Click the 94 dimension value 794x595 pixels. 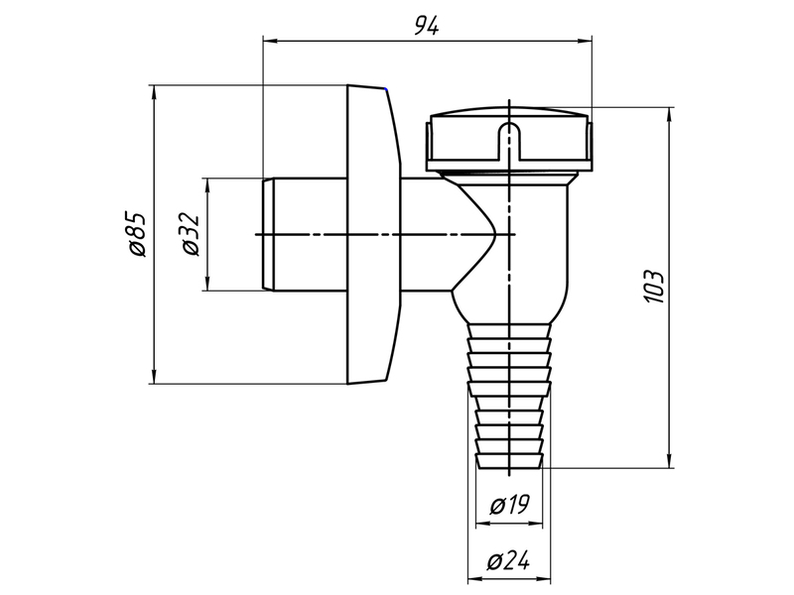pos(427,26)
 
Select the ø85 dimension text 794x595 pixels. pos(137,234)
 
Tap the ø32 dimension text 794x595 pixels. pos(192,234)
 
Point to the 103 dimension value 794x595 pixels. pos(653,287)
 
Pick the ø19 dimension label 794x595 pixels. pos(509,505)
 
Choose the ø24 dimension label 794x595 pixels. pos(508,561)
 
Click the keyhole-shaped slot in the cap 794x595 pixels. pos(509,141)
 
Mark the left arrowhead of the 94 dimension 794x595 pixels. pos(269,41)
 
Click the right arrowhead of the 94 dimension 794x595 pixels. pos(585,41)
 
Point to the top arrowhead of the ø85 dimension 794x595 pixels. pos(154,92)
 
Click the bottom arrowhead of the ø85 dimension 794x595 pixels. pos(154,377)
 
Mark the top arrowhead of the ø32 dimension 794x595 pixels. pos(207,184)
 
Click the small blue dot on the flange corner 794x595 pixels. pos(387,89)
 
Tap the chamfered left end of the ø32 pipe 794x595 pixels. pos(268,234)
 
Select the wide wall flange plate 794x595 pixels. pos(374,234)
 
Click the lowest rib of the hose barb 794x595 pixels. pos(509,461)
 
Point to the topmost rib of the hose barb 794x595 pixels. pos(509,330)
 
